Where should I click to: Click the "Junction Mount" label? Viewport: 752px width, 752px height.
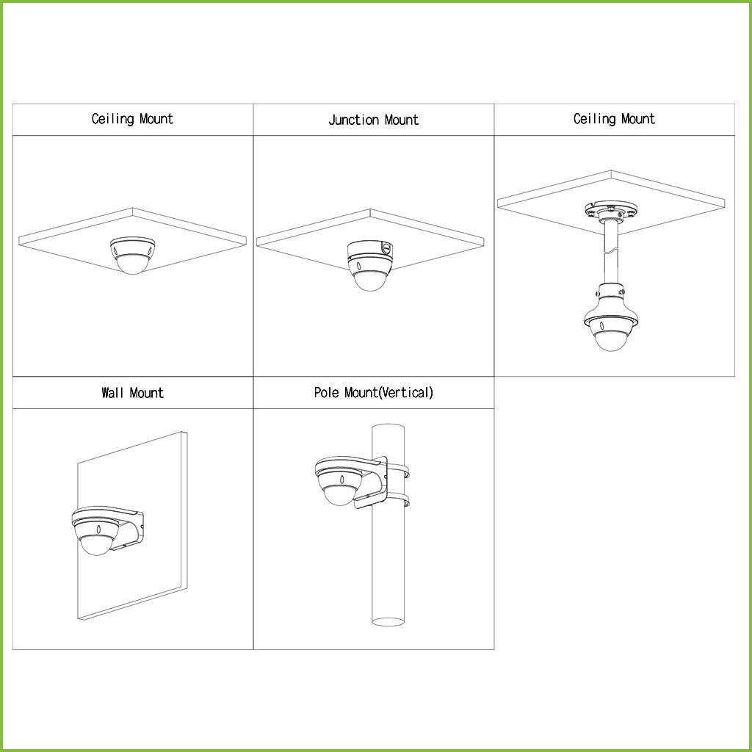[373, 120]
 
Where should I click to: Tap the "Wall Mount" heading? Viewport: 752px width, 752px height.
[132, 393]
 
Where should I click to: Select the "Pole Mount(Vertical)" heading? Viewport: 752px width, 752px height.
[373, 393]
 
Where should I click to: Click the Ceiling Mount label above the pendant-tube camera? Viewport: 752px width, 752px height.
[614, 119]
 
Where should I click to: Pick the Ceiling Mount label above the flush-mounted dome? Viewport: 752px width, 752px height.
[132, 119]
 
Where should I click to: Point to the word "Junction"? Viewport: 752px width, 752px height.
[353, 120]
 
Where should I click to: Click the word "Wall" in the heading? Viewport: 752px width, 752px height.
[113, 393]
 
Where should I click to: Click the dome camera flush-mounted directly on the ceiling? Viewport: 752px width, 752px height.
[131, 256]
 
